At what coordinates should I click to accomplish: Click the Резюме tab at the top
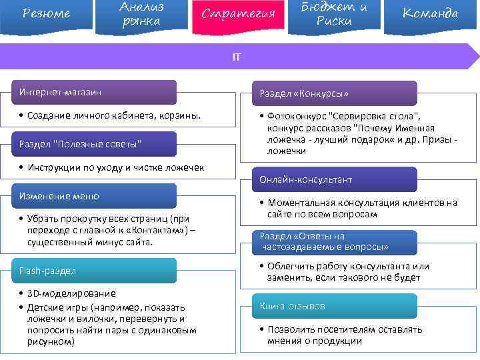(46, 14)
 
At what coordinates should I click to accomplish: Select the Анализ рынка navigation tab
(142, 14)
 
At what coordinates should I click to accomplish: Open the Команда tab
(431, 14)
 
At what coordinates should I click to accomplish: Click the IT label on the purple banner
(237, 57)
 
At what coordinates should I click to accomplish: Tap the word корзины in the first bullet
(180, 116)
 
